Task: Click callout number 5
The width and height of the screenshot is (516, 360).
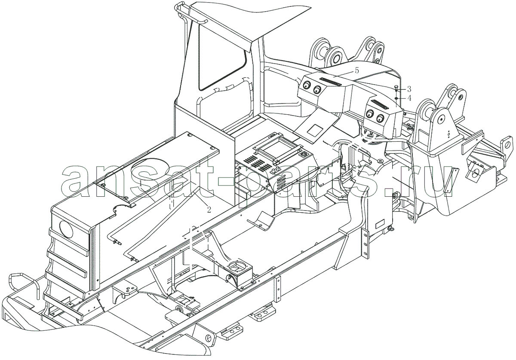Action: (356, 70)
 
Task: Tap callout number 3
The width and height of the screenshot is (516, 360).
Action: (409, 88)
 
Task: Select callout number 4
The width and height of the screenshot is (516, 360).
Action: (409, 98)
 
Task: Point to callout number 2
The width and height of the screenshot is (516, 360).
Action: (209, 210)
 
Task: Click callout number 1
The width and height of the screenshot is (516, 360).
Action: (140, 183)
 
